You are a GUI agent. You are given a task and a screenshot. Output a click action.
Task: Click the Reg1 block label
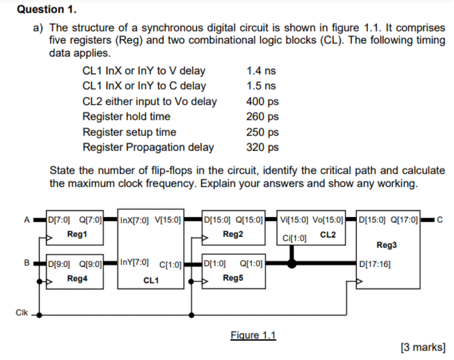coord(76,234)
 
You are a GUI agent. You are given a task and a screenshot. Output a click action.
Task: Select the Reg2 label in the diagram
coord(233,234)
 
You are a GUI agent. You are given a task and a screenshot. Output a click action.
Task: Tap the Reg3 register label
coord(386,245)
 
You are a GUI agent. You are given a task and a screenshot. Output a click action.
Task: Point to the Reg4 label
coord(76,279)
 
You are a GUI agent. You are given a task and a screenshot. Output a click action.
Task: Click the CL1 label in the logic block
coord(151,280)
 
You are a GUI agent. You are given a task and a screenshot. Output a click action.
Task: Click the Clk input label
coord(22,312)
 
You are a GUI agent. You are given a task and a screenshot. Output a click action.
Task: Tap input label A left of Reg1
coord(26,219)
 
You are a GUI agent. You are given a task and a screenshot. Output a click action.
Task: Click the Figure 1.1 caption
coord(253,335)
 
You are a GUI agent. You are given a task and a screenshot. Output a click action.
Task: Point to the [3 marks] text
coord(423,346)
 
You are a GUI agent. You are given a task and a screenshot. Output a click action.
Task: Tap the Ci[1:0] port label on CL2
coord(294,239)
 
